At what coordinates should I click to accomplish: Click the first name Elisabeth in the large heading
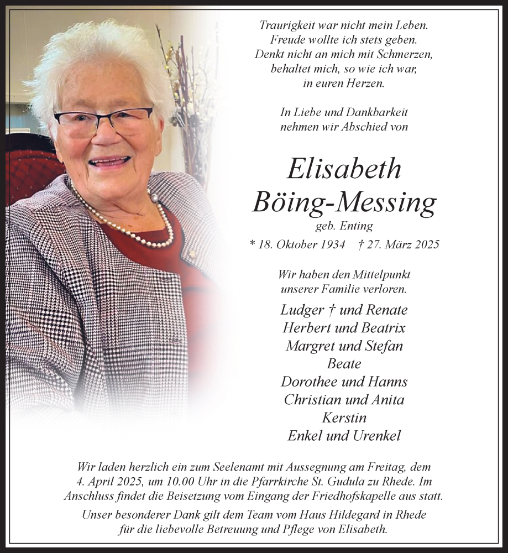coord(344,169)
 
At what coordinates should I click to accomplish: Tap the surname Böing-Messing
coord(344,203)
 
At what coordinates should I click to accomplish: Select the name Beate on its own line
coord(344,364)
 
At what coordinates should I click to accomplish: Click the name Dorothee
coord(309,382)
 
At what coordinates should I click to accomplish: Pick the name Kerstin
coord(344,418)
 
